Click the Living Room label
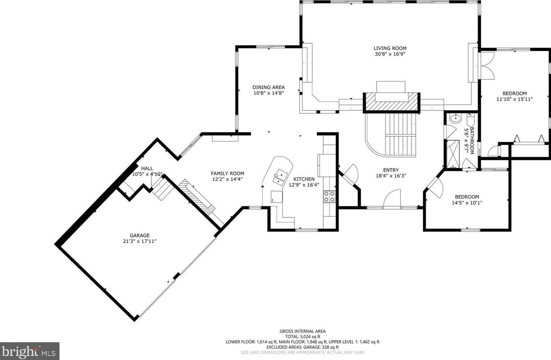(390, 48)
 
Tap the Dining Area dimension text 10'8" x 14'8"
(269, 93)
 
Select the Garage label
(140, 236)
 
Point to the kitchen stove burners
(330, 197)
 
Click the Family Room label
(227, 173)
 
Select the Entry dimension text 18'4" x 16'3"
(391, 176)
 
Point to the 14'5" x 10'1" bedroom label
(467, 202)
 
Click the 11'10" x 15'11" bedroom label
(515, 99)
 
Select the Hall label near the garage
(147, 169)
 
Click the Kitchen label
(304, 179)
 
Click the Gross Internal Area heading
(302, 332)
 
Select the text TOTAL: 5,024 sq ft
(302, 337)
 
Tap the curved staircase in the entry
(391, 135)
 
